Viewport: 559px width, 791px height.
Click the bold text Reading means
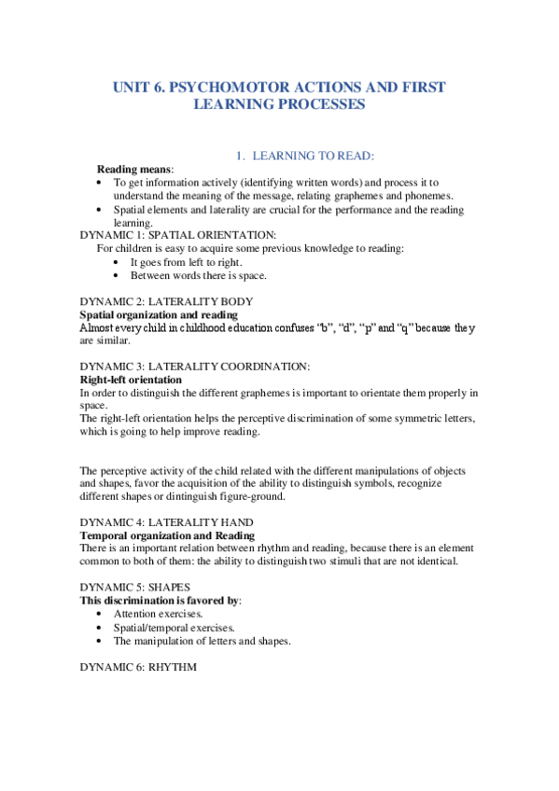click(134, 169)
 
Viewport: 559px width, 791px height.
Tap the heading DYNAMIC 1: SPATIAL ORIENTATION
click(177, 235)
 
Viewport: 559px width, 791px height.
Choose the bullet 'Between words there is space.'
click(198, 276)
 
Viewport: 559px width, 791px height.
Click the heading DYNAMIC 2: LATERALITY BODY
click(166, 301)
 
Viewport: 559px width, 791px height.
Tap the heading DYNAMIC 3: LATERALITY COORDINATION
click(195, 367)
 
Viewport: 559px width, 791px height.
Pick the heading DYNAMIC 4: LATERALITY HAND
click(166, 522)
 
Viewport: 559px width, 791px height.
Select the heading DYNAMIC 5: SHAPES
click(135, 587)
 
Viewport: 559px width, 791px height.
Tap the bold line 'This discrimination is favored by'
click(160, 601)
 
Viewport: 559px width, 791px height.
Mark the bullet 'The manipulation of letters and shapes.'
click(203, 641)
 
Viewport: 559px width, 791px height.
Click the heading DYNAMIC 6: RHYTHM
click(138, 666)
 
